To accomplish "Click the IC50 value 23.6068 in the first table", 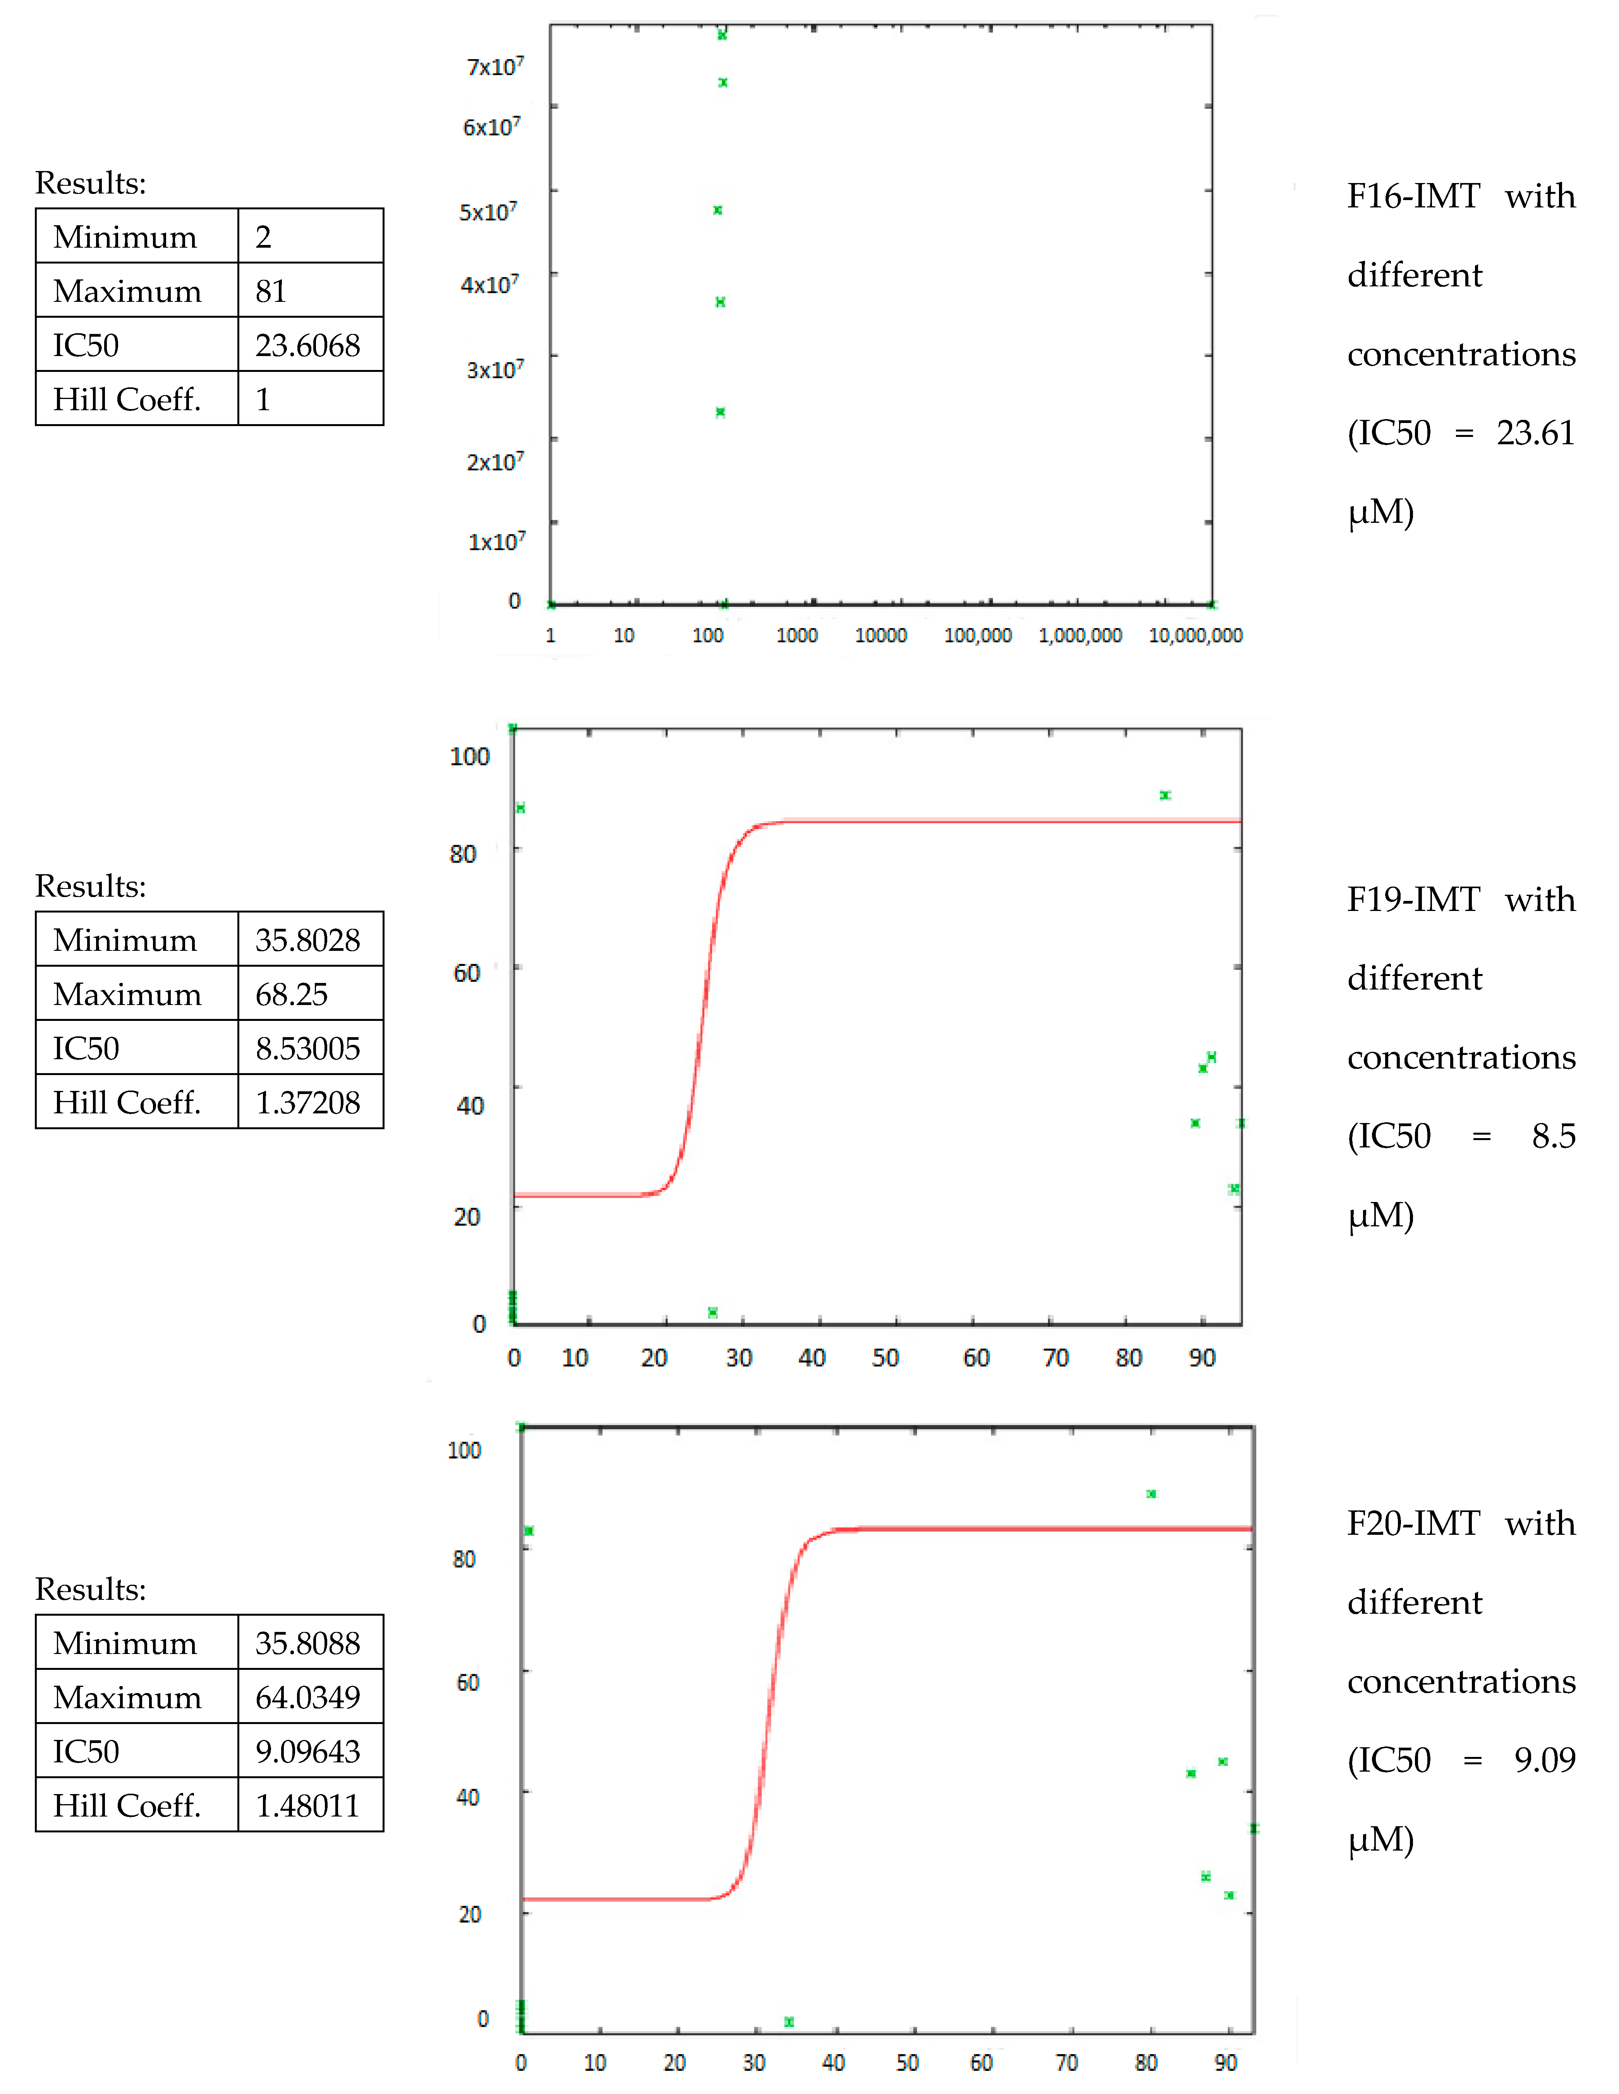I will (307, 345).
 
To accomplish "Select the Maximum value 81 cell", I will (271, 291).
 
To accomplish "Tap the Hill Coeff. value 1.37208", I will (307, 1103).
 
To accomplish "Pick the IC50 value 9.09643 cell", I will (307, 1752).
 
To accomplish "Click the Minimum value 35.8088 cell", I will (307, 1644).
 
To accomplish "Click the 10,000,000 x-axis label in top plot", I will (1195, 636).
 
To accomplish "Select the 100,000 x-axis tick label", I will (977, 636).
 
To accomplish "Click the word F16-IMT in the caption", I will (1413, 197).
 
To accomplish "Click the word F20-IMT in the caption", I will (1413, 1524).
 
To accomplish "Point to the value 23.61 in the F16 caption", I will (1536, 433).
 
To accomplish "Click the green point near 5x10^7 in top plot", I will (718, 210).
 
